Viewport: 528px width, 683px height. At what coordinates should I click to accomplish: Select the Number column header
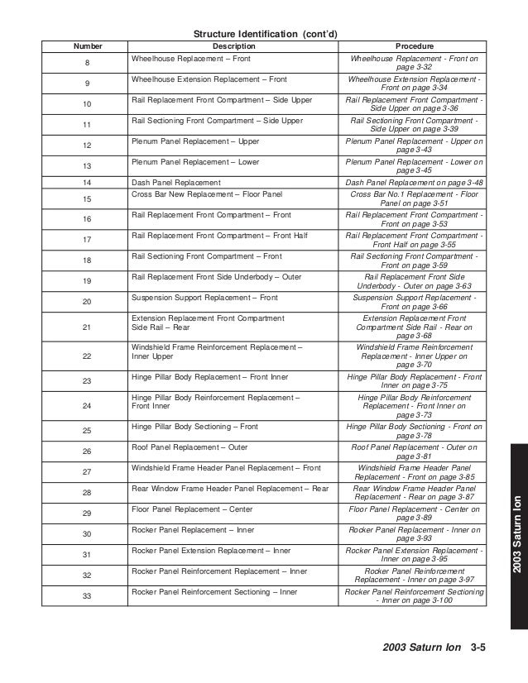click(x=88, y=46)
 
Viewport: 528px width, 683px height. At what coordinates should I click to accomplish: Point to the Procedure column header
click(x=415, y=46)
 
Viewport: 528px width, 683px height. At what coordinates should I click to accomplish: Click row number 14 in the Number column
click(x=88, y=182)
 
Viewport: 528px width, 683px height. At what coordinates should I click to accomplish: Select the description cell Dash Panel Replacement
click(x=176, y=182)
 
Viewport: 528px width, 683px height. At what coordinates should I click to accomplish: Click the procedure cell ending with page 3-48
click(x=415, y=182)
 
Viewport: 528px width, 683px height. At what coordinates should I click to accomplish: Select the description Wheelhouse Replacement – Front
click(x=185, y=60)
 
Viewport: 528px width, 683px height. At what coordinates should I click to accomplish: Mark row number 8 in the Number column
click(x=88, y=65)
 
